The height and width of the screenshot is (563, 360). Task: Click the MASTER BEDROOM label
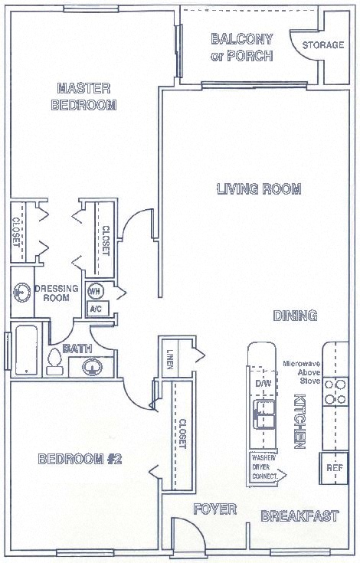click(83, 97)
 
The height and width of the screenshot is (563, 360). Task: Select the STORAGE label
click(322, 45)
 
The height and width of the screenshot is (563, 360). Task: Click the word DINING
click(296, 316)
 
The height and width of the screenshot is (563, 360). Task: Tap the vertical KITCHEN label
click(300, 422)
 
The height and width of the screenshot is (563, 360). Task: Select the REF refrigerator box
click(334, 466)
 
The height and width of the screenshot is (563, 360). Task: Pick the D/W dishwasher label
click(263, 383)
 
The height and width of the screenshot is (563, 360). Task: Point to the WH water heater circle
click(96, 292)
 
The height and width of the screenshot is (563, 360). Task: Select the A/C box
click(97, 309)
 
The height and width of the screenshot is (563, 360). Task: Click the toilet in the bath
click(55, 361)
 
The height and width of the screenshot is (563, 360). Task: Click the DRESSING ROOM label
click(57, 293)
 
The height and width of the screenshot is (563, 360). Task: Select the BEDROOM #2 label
click(80, 459)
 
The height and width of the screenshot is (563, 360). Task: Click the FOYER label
click(214, 509)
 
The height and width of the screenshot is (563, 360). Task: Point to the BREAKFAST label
click(299, 516)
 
